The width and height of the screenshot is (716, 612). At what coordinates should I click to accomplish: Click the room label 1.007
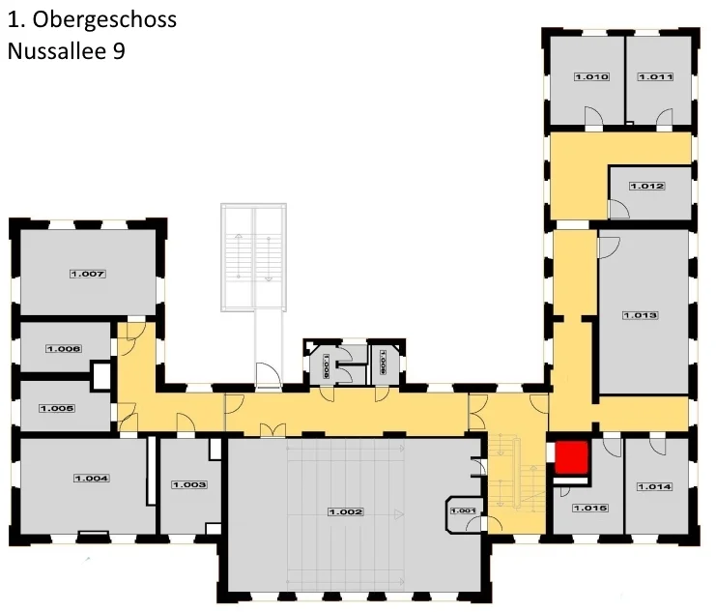(87, 274)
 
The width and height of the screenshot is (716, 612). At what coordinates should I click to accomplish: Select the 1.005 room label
(57, 408)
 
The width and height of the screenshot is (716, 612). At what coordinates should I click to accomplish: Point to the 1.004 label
(91, 478)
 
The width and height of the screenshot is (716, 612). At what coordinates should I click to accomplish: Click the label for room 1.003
(189, 484)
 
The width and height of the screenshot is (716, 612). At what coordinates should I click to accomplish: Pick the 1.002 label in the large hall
(346, 510)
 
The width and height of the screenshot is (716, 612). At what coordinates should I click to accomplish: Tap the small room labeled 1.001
(464, 510)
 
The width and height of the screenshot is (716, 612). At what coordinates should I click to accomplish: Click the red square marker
(571, 457)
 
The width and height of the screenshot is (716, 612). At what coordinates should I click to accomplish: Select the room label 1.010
(591, 76)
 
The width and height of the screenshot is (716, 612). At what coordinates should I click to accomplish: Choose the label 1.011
(654, 76)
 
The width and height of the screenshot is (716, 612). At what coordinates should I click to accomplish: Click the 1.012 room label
(646, 186)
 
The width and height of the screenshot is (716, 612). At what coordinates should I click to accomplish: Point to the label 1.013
(640, 315)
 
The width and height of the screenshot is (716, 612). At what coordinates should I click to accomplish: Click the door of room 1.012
(616, 208)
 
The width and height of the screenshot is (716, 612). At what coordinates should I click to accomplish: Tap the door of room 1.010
(595, 118)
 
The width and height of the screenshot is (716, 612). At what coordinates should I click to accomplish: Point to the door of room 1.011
(663, 118)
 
